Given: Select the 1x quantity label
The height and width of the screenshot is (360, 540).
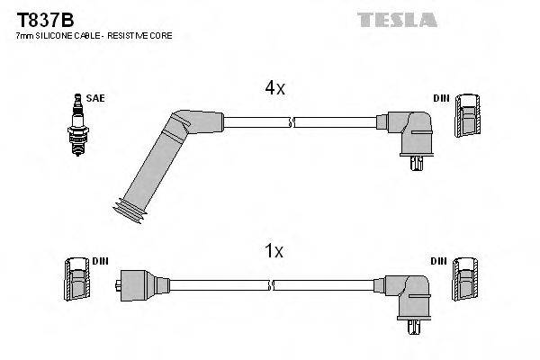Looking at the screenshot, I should click(x=273, y=252).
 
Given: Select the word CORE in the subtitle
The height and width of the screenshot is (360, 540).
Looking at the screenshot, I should click(x=161, y=35).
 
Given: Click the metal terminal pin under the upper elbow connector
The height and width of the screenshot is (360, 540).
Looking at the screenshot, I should click(x=415, y=163).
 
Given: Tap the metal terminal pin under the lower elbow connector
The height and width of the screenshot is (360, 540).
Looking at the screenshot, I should click(x=415, y=327).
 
